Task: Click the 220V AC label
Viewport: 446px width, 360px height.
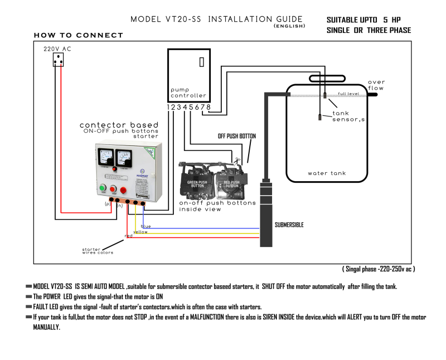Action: pyautogui.click(x=57, y=49)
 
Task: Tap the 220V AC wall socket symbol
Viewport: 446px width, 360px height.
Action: pyautogui.click(x=58, y=60)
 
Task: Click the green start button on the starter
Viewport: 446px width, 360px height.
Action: pyautogui.click(x=103, y=189)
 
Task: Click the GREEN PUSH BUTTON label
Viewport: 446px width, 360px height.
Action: pyautogui.click(x=197, y=183)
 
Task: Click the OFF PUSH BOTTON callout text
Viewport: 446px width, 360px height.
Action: pyautogui.click(x=236, y=136)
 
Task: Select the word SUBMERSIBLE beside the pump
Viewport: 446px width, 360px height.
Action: pyautogui.click(x=289, y=225)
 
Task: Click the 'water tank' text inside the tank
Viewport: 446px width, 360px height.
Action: pyautogui.click(x=327, y=173)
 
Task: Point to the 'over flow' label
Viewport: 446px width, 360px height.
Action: pyautogui.click(x=376, y=85)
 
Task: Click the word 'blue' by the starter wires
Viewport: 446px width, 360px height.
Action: pyautogui.click(x=146, y=226)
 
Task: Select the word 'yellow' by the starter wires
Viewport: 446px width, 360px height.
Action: pyautogui.click(x=140, y=231)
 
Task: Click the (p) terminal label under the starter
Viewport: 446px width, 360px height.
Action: pyautogui.click(x=108, y=204)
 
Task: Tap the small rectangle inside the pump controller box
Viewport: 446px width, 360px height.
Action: pyautogui.click(x=201, y=61)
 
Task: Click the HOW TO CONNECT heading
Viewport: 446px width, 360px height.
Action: pyautogui.click(x=78, y=35)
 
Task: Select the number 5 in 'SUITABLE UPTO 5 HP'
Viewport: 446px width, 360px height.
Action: pyautogui.click(x=385, y=20)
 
